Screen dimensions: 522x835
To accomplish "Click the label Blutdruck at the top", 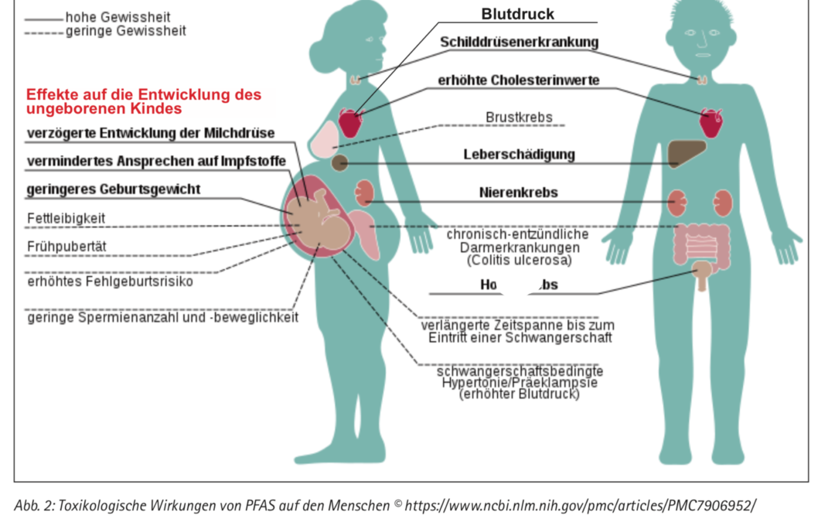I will (x=517, y=14).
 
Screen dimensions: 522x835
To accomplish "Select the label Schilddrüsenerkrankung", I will (x=519, y=42).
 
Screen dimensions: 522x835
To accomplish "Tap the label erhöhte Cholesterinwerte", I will (x=518, y=80).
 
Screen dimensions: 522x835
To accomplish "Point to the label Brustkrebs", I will (x=519, y=118).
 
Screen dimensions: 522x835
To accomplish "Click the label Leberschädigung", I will (x=519, y=154).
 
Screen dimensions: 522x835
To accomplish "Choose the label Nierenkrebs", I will (x=519, y=193).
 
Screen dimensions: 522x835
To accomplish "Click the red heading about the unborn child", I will (x=144, y=101).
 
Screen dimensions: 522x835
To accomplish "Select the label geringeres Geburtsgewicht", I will (x=114, y=189).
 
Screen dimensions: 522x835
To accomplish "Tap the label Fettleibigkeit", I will (x=66, y=219).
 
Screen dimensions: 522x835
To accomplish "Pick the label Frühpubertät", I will (x=66, y=247).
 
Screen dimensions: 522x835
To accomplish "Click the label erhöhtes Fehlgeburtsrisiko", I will (x=110, y=281).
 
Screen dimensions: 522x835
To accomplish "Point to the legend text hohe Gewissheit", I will (x=118, y=17).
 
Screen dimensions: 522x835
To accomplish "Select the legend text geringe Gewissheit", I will (x=125, y=31).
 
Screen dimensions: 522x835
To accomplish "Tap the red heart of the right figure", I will (x=711, y=122).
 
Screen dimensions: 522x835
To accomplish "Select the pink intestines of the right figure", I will (x=703, y=244).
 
